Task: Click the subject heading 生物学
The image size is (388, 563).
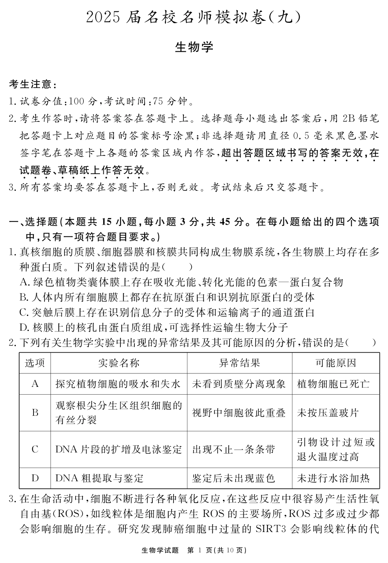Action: tap(194, 47)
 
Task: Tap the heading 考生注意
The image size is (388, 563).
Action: tap(31, 84)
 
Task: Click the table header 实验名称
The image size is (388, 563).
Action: tap(119, 363)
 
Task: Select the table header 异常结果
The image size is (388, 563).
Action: tap(239, 363)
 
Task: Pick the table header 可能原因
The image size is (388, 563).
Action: tap(335, 363)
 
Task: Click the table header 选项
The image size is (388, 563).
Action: tap(35, 363)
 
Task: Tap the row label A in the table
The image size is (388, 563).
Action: tap(35, 384)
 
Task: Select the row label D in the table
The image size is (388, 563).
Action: tap(35, 478)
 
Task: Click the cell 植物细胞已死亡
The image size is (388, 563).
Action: tap(333, 384)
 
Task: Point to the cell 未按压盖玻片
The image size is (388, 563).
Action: tap(328, 413)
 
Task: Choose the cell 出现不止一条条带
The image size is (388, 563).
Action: tap(234, 450)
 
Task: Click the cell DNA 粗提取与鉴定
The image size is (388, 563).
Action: tap(100, 478)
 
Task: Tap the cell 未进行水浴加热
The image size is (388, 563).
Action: tap(333, 478)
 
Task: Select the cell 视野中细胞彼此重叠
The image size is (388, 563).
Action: tap(239, 413)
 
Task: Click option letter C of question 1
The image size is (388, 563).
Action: tap(23, 313)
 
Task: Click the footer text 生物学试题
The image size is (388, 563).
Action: tap(160, 550)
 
